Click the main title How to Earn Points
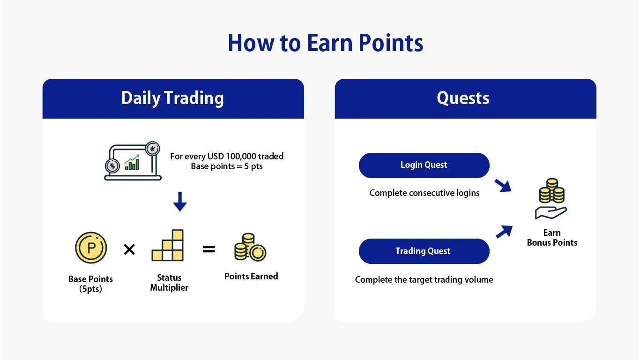[x=325, y=43]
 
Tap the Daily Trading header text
[x=172, y=98]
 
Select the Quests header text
[x=463, y=98]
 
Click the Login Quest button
[x=424, y=165]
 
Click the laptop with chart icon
[x=133, y=162]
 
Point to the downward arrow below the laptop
[x=180, y=202]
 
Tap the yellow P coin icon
[x=91, y=247]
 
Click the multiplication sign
[x=129, y=249]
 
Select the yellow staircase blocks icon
[x=168, y=246]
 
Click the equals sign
[x=208, y=249]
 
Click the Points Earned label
[x=251, y=277]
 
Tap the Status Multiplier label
[x=169, y=283]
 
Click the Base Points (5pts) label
[x=90, y=284]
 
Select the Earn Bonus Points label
[x=552, y=238]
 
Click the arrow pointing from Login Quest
[x=503, y=185]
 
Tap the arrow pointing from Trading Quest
[x=504, y=232]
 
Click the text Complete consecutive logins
[x=424, y=193]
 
